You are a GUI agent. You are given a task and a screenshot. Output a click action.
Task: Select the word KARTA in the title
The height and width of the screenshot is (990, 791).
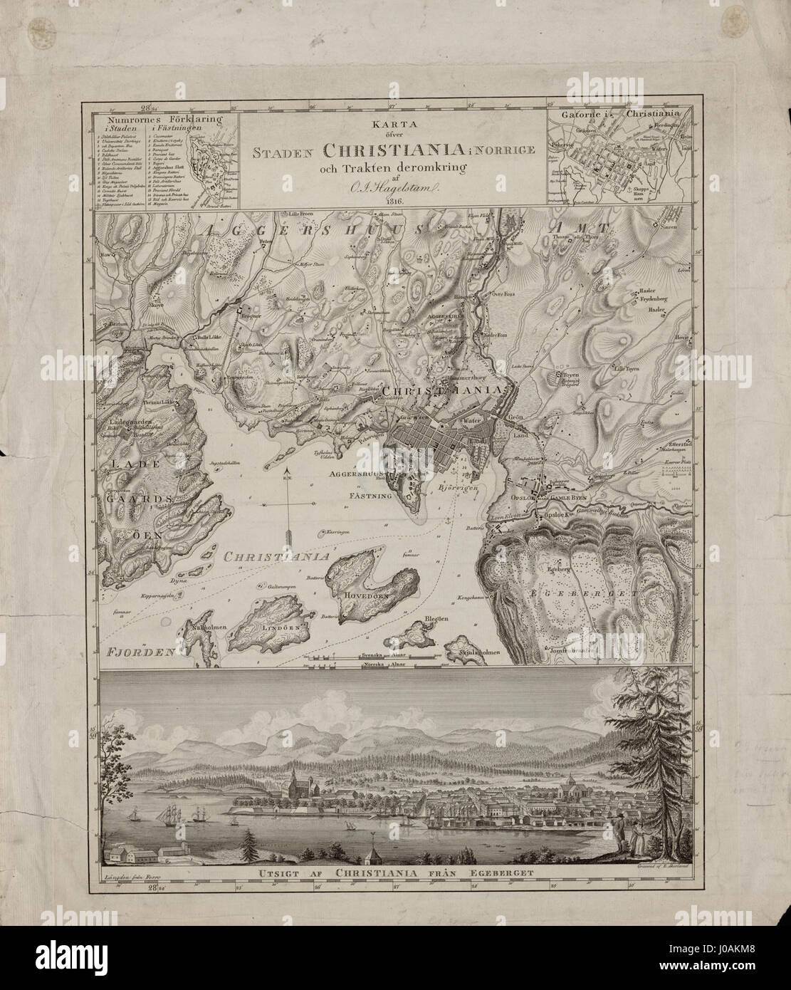point(392,123)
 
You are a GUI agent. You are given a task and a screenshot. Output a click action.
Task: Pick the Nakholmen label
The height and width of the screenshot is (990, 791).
point(209,627)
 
